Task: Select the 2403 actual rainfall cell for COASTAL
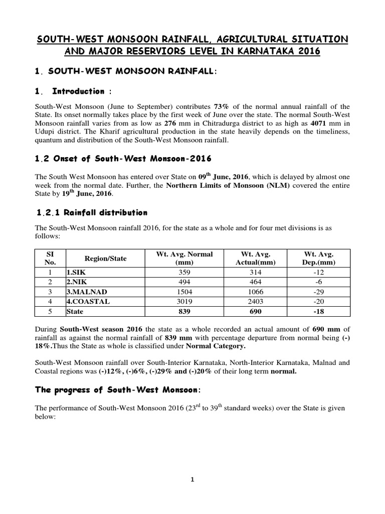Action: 252,302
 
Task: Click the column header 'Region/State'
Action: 106,259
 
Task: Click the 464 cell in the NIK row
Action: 252,282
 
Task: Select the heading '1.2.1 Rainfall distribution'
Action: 92,212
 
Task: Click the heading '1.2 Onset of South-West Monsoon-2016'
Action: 123,159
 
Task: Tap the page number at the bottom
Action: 192,480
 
